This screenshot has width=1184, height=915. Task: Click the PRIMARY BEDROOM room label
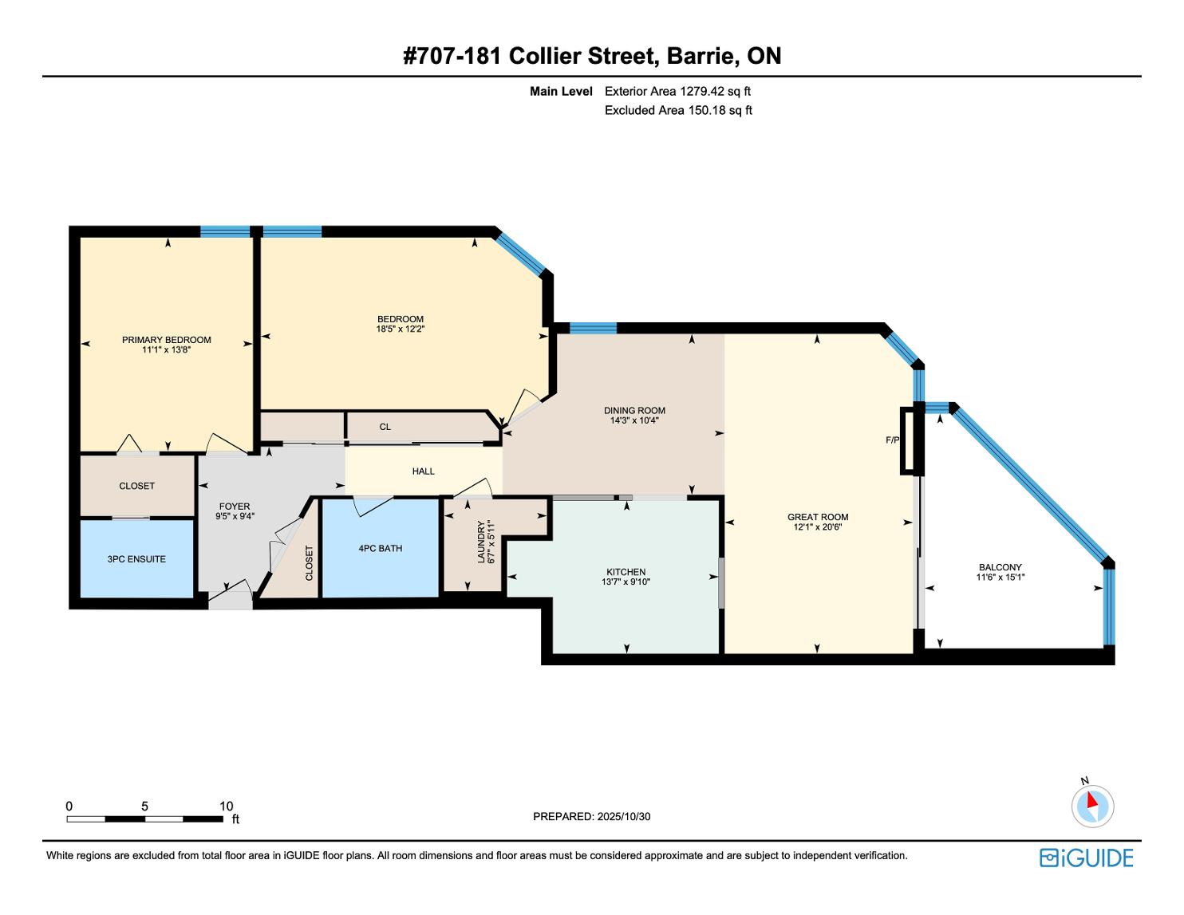[166, 340]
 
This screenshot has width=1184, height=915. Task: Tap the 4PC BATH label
[381, 549]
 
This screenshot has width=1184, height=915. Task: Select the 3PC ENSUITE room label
[136, 558]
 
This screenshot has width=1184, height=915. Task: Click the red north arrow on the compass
[1092, 800]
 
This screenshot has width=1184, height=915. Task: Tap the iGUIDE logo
[1087, 858]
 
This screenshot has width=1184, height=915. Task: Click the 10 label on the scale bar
[226, 806]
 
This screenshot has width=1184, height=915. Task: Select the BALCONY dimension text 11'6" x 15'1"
[1000, 578]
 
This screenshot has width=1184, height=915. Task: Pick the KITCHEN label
[626, 572]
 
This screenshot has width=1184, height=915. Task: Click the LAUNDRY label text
[481, 542]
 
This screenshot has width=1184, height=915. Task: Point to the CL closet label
[385, 427]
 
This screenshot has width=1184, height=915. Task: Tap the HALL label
[424, 471]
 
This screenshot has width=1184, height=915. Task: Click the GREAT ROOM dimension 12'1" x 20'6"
[818, 527]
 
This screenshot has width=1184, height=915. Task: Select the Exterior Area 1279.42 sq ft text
[677, 92]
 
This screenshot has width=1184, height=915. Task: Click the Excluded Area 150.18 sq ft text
[678, 110]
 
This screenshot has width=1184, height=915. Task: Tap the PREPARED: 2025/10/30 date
[592, 816]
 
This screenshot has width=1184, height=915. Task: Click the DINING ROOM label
[634, 411]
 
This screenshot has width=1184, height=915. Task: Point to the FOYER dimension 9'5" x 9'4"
[235, 516]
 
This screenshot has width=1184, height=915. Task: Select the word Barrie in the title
[703, 56]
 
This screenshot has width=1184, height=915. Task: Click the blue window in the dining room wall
[593, 328]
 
